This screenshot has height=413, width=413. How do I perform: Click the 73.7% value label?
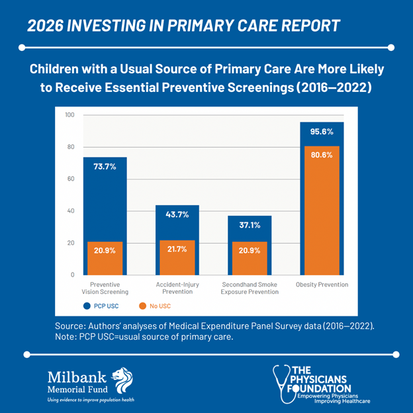[x=105, y=167]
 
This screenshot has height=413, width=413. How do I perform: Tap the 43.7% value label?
[x=177, y=214]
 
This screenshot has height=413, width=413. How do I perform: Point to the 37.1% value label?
[x=249, y=225]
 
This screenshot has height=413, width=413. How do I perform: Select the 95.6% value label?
[x=322, y=132]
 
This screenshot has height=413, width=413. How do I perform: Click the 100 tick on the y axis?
[x=69, y=115]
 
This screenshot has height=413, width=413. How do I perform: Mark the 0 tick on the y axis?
[x=72, y=274]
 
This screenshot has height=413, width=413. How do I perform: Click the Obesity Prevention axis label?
[x=322, y=285]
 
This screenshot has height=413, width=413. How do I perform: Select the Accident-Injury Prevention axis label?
[x=177, y=288]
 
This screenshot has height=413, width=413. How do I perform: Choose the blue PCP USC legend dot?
[x=86, y=306]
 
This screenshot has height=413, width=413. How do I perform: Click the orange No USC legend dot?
[x=142, y=306]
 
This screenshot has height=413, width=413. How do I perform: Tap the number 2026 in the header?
[x=45, y=26]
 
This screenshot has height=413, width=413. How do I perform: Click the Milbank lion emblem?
[x=120, y=380]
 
